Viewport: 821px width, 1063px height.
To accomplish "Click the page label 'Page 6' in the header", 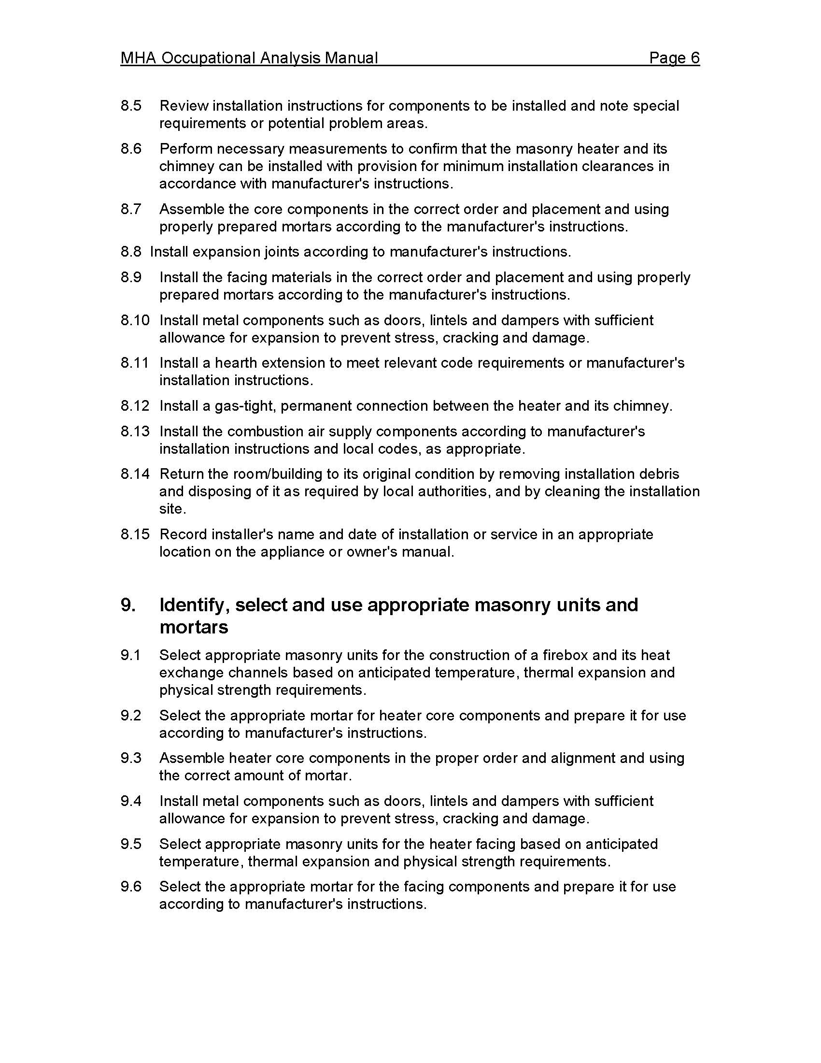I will point(674,58).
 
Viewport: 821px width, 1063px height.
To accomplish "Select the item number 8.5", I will point(131,106).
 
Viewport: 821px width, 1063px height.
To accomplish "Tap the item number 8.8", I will point(131,252).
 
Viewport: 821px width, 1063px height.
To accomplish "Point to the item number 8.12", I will point(135,406).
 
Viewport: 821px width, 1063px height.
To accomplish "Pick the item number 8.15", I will point(135,534).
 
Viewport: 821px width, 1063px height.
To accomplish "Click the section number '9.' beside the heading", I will point(128,605).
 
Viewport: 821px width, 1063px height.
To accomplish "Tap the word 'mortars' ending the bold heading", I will point(194,627).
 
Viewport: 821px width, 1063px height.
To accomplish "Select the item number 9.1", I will point(131,655).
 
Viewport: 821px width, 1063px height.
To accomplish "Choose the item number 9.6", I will point(131,887).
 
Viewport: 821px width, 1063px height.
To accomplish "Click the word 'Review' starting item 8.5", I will point(184,106).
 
